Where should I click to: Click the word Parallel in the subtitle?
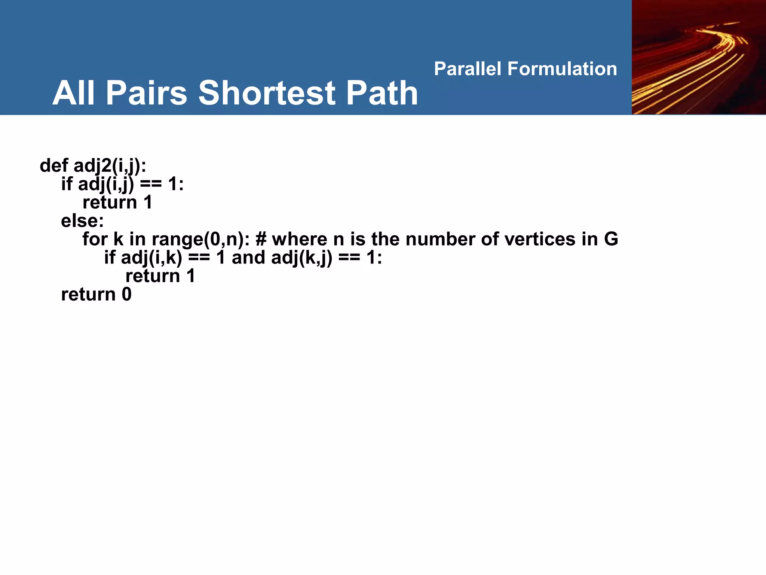[468, 69]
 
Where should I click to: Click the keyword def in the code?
[54, 165]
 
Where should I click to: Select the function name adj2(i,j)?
[110, 165]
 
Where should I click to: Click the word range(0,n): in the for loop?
[200, 239]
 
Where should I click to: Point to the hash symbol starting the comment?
[261, 239]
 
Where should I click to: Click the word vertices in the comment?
[540, 239]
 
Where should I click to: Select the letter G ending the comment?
[611, 239]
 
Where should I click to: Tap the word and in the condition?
[248, 258]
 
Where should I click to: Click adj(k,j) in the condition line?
[301, 258]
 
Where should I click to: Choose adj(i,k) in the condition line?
[151, 258]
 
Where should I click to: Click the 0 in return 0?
[126, 294]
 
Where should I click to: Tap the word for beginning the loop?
[95, 239]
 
